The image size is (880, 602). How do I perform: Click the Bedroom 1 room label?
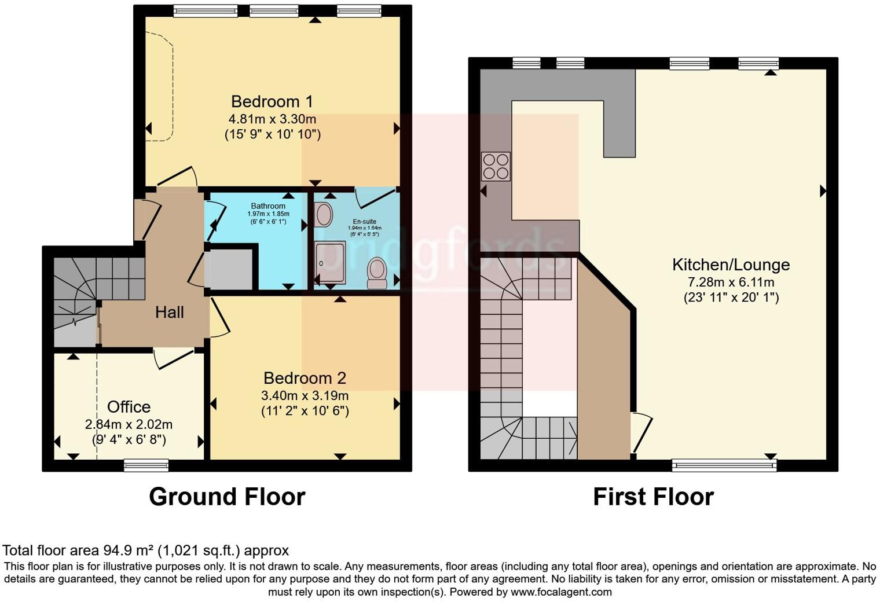click(272, 102)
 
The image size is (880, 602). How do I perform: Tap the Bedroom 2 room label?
click(305, 378)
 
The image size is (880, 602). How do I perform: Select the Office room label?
click(129, 407)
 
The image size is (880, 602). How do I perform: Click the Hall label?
click(169, 313)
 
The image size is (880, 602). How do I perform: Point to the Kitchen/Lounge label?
click(731, 265)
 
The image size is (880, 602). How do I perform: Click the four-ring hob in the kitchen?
click(496, 167)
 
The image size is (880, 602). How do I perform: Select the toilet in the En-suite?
click(377, 273)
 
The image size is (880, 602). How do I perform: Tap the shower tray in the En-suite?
click(330, 263)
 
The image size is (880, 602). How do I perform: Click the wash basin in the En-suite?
click(324, 215)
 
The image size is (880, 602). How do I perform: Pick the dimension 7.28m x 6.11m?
click(731, 282)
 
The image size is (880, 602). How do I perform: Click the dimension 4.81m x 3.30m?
click(272, 120)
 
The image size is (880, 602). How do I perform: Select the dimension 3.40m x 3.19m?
click(305, 396)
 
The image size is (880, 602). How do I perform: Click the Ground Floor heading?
click(227, 497)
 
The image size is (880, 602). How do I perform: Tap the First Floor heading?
click(653, 497)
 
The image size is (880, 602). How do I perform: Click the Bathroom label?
click(268, 206)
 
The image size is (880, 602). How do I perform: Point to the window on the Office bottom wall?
click(146, 465)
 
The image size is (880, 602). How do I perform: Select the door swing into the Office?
click(174, 357)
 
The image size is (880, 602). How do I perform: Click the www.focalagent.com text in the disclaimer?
click(560, 592)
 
